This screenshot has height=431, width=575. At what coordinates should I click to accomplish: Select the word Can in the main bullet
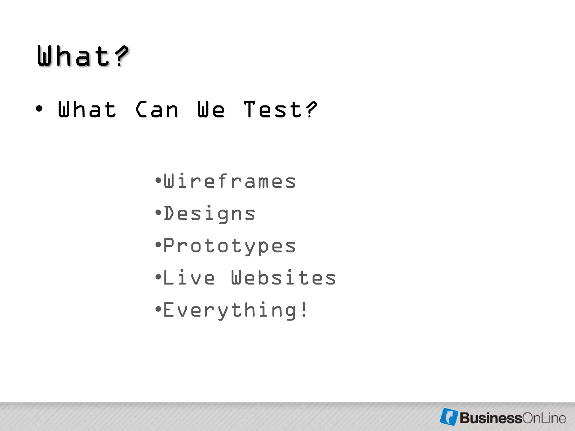click(x=157, y=109)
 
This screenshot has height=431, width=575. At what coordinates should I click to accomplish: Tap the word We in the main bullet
click(x=211, y=109)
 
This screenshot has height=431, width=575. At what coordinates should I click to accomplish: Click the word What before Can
click(x=87, y=109)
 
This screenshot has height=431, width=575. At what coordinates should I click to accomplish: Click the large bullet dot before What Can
click(x=39, y=109)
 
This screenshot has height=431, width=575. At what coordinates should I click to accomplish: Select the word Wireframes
click(x=230, y=181)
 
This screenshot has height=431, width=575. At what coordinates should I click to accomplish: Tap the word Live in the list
click(x=189, y=278)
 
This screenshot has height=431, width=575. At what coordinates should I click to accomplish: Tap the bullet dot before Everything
click(x=158, y=309)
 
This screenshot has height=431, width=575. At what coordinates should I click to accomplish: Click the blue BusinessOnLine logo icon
click(x=449, y=417)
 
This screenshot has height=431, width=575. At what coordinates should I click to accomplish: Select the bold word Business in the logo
click(x=490, y=418)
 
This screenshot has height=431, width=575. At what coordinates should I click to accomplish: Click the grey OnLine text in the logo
click(x=544, y=418)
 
